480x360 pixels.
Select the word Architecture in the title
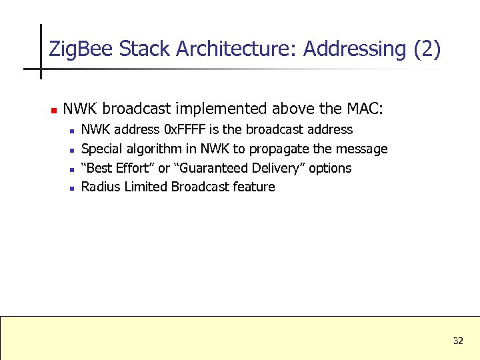pos(237,49)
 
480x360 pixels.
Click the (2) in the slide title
pos(427,49)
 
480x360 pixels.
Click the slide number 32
pos(458,341)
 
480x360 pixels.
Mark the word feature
pos(254,187)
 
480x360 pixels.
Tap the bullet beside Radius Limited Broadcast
pos(71,188)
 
